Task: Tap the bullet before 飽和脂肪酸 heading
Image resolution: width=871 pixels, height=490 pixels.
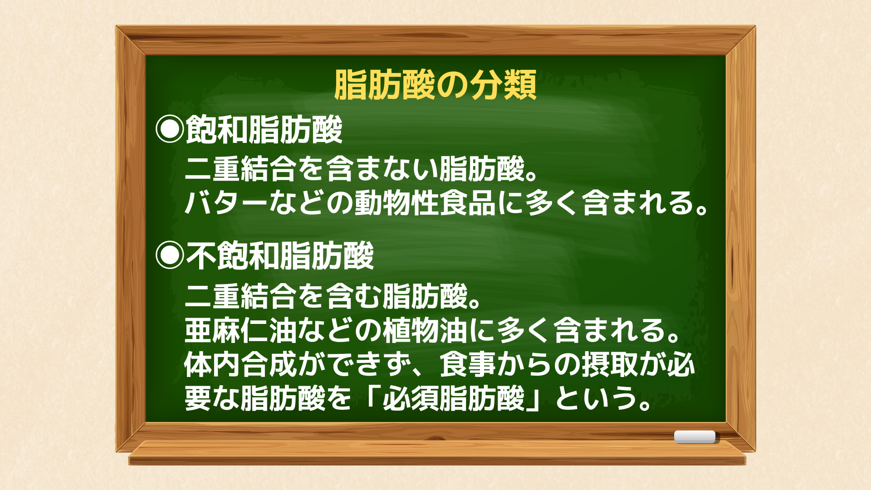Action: click(x=170, y=129)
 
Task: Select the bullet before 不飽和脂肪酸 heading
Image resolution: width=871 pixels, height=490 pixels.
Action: click(x=170, y=255)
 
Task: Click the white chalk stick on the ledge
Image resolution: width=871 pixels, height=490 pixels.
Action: click(x=695, y=436)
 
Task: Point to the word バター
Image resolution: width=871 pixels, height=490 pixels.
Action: click(x=226, y=203)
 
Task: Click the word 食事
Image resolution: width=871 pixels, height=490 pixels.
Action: click(x=468, y=364)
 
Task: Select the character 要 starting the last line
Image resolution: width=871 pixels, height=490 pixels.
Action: click(x=198, y=398)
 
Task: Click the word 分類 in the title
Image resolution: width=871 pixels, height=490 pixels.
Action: click(x=503, y=85)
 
